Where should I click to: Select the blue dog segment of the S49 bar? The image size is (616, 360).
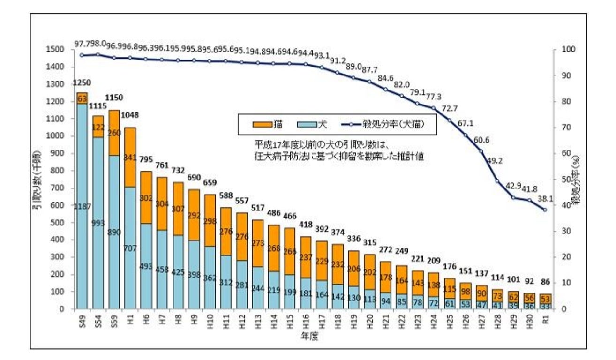[x=83, y=206]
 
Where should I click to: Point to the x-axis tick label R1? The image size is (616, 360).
[x=544, y=320]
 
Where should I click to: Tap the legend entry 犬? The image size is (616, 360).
[x=319, y=124]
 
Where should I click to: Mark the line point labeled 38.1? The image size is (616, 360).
[x=545, y=210]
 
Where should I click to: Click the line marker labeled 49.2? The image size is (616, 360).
[x=496, y=181]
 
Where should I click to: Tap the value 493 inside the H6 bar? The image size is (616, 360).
[x=145, y=267]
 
